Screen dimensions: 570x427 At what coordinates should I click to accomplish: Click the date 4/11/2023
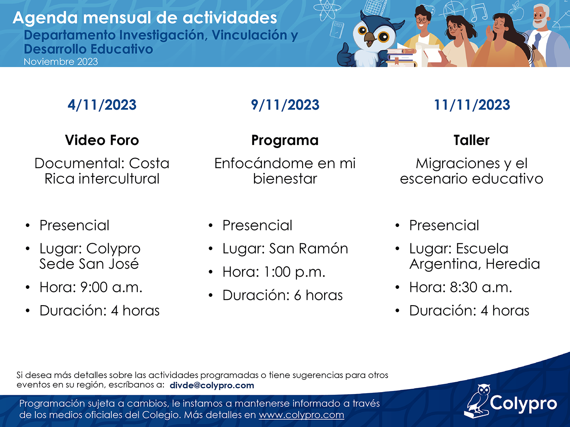[102, 105]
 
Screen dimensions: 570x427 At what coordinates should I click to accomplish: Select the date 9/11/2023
[285, 105]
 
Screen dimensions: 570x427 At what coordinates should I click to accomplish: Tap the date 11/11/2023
[472, 105]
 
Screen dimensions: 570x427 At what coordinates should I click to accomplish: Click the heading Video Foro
[102, 140]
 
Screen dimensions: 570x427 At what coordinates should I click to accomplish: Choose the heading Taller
[471, 140]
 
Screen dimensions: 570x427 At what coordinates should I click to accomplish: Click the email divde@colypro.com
[212, 386]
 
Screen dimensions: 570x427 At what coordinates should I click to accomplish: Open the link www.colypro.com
[301, 415]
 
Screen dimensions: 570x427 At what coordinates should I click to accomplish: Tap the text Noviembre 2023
[61, 62]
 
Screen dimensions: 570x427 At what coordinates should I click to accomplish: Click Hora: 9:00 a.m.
[91, 287]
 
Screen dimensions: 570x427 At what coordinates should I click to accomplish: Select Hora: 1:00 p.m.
[274, 272]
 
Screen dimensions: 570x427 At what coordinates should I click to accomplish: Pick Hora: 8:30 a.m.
[461, 287]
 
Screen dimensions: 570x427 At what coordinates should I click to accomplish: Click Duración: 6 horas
[283, 295]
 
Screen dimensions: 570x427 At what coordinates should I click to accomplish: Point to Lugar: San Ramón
[285, 249]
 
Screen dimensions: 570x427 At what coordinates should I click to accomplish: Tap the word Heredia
[513, 264]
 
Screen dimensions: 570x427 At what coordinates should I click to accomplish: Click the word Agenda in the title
[45, 18]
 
